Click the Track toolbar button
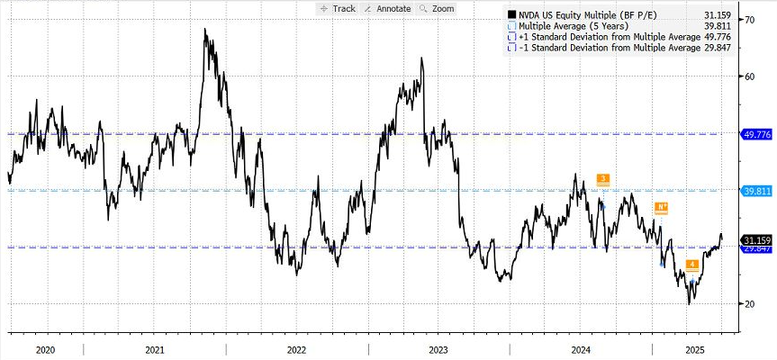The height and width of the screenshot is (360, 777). coord(339,8)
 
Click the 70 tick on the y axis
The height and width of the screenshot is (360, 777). coord(748,19)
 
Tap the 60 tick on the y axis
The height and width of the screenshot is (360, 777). coord(748,76)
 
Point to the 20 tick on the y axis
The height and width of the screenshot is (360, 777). coord(748,304)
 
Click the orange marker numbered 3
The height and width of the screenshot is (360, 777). coord(602,178)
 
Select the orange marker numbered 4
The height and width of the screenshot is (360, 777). coord(691,265)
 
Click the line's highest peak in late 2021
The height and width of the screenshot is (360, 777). coord(205,30)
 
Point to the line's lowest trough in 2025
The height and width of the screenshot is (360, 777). coord(690,303)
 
